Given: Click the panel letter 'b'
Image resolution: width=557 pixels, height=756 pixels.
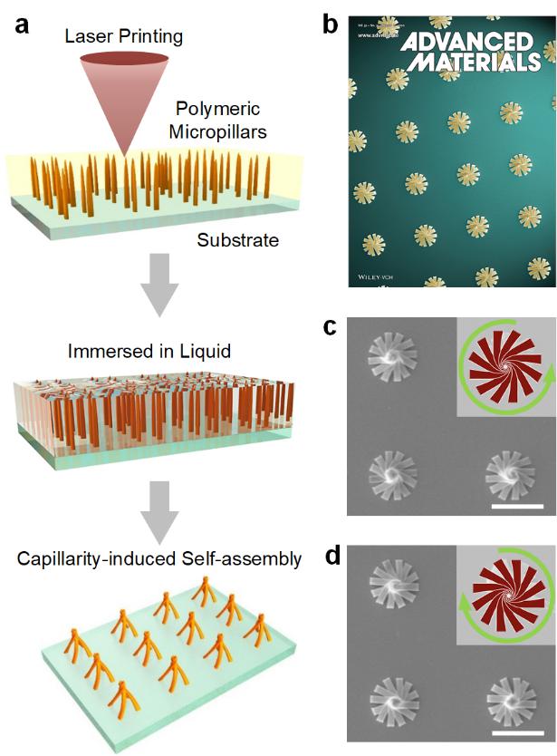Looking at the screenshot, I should [x=332, y=24].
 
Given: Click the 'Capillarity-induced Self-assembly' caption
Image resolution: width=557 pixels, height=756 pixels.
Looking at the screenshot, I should [x=159, y=558].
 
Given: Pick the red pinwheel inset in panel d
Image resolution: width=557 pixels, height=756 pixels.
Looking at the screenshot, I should [x=501, y=593].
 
